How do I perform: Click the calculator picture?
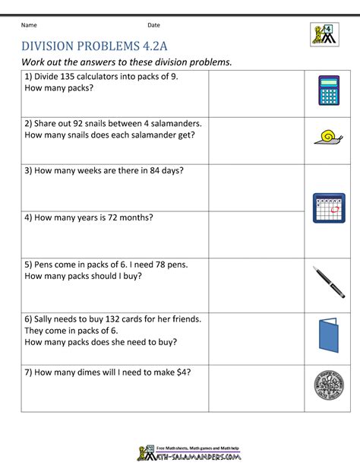tap(328, 90)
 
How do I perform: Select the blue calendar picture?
tap(328, 208)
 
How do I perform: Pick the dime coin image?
tap(328, 387)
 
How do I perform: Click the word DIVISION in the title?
tap(55, 45)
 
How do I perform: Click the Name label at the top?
tap(29, 25)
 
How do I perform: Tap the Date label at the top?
tap(153, 25)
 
